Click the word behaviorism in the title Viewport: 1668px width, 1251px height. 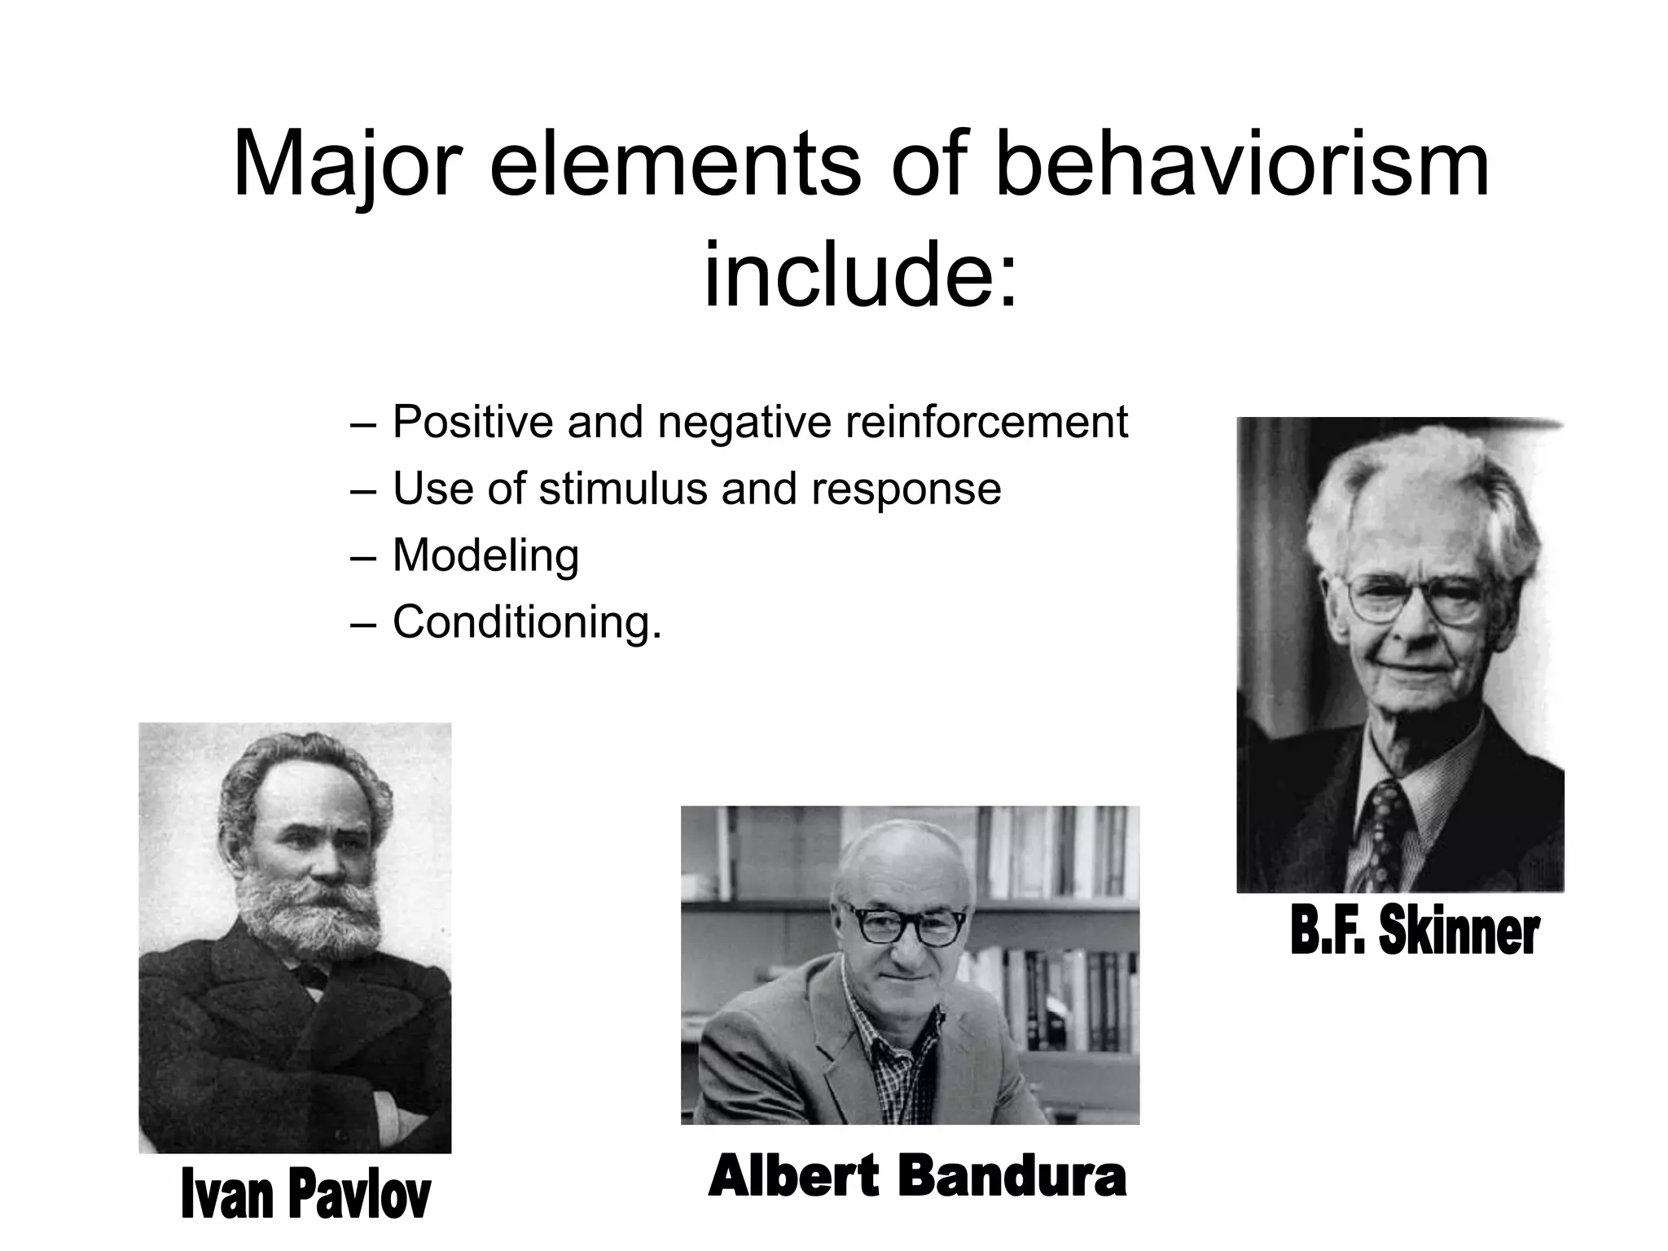[x=1243, y=167]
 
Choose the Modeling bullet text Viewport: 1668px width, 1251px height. [x=485, y=556]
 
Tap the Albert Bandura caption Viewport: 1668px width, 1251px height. [x=916, y=1177]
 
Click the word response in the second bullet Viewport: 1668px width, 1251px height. [x=906, y=489]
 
